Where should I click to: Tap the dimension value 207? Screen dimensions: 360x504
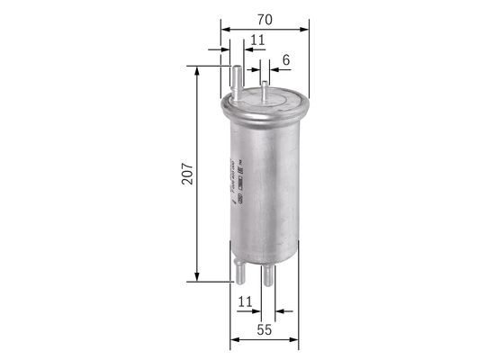pos(186,173)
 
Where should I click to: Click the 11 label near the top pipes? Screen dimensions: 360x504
pos(256,39)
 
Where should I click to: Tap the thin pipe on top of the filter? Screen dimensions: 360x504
pos(265,91)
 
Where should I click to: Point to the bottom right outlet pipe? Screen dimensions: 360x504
pos(268,277)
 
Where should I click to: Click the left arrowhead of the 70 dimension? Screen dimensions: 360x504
pos(229,29)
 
